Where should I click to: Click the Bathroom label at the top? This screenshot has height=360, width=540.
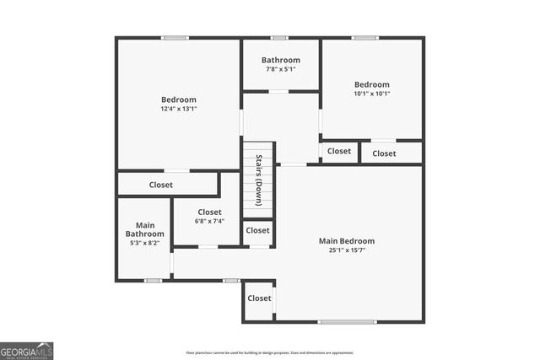point(280,60)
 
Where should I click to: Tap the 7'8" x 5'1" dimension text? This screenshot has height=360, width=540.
point(280,69)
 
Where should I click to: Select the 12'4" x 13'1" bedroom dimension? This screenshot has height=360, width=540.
point(178,109)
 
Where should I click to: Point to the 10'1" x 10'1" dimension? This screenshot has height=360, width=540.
point(371,94)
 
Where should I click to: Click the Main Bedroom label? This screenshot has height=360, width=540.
point(346,241)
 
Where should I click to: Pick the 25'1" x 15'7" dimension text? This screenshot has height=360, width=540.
point(346,250)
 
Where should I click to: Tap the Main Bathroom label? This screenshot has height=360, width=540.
point(145,229)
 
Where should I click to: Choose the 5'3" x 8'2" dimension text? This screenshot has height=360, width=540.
point(145,243)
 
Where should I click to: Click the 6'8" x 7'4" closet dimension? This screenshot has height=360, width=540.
point(209,222)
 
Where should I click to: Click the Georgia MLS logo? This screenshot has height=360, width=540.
point(27,351)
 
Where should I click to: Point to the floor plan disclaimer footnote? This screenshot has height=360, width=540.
point(270,352)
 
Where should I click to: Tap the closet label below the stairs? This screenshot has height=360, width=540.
point(258,230)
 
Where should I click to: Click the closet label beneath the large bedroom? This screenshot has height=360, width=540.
point(161,185)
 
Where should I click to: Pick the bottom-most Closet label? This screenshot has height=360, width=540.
point(259,298)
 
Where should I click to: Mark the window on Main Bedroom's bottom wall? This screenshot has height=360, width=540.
point(347,321)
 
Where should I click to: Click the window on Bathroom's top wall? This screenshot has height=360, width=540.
point(279,37)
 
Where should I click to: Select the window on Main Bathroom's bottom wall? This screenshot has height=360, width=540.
point(153,280)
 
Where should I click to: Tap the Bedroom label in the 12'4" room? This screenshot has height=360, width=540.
point(179,99)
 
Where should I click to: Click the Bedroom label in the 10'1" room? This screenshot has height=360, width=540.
point(371,84)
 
